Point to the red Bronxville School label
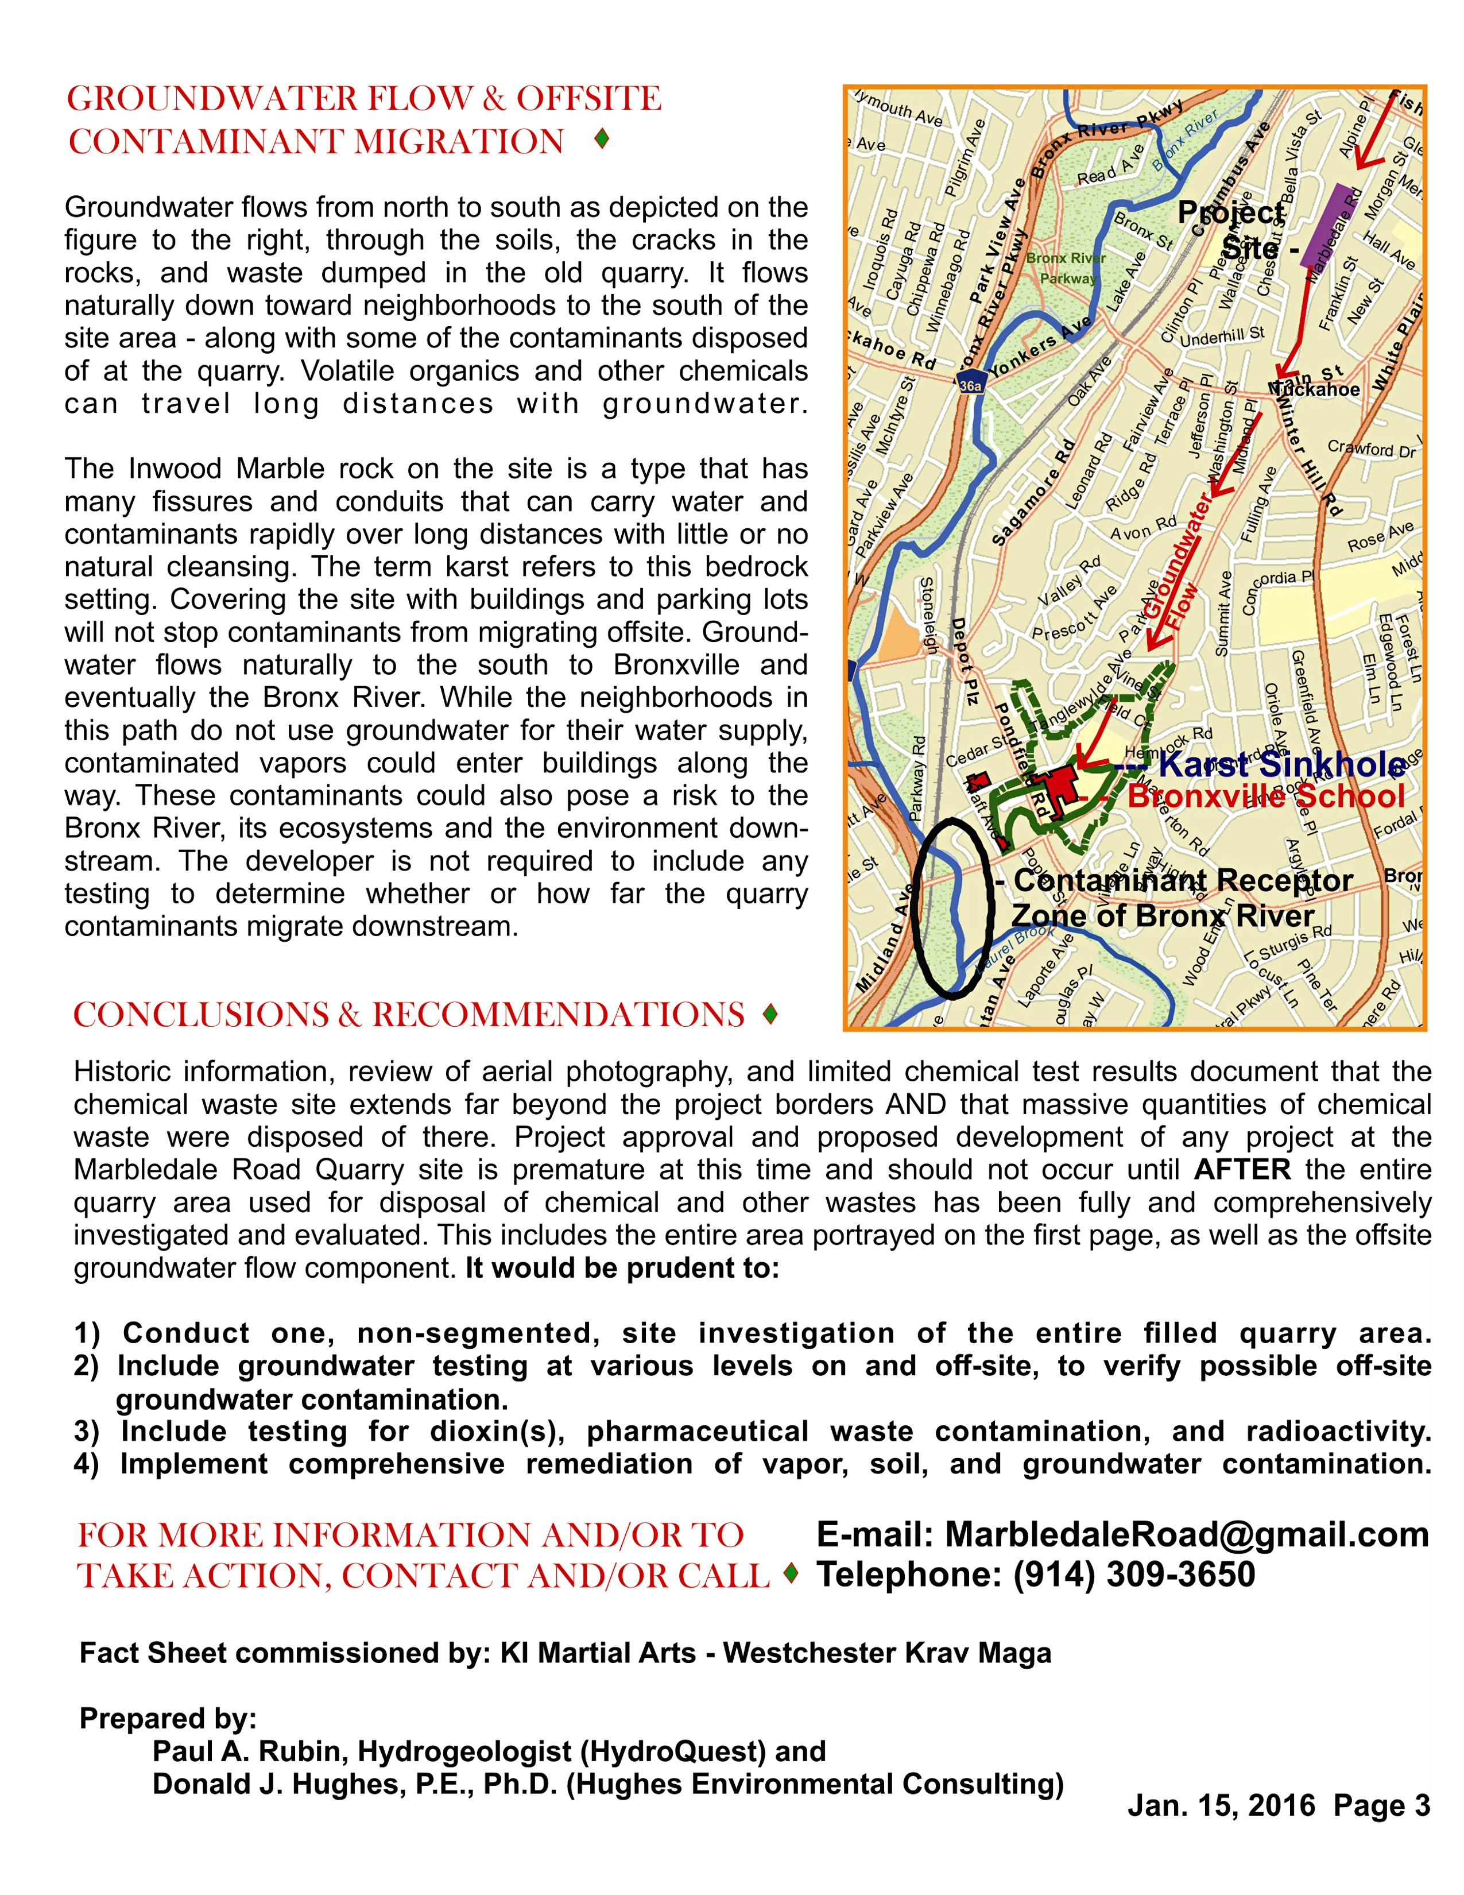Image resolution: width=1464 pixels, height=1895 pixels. pyautogui.click(x=1265, y=796)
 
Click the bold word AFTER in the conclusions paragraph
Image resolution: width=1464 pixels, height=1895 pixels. pyautogui.click(x=1242, y=1170)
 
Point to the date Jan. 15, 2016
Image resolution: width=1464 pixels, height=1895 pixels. pyautogui.click(x=1221, y=1805)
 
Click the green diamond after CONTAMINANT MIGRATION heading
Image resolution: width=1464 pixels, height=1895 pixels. pyautogui.click(x=601, y=139)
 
